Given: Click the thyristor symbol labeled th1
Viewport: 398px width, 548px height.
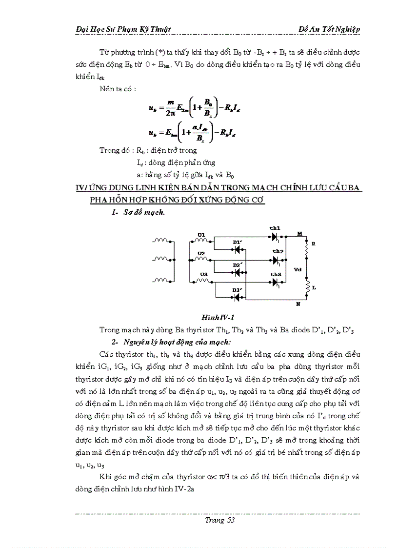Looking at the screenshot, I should coord(275,237).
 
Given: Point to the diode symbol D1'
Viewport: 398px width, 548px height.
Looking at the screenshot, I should coord(238,249).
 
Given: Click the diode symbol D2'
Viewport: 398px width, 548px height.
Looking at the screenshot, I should coord(238,271).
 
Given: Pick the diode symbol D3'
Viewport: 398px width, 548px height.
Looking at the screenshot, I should coord(238,294).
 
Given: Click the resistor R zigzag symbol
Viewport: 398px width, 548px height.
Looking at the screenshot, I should coord(307,250).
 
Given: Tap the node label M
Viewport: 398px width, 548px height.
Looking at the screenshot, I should coord(299,234).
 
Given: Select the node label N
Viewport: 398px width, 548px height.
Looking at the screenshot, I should coord(298,304).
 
